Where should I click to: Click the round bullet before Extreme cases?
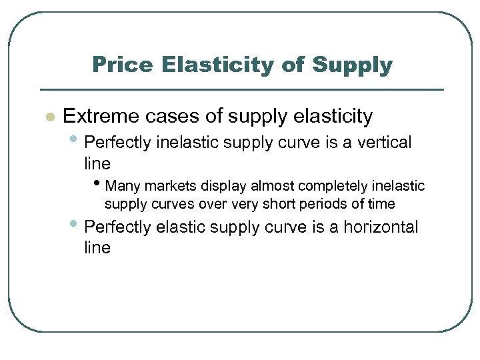coord(48,117)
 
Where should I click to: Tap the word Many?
coord(122,185)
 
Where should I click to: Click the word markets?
coord(167,185)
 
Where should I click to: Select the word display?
coord(222,185)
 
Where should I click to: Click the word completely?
coord(328,185)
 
